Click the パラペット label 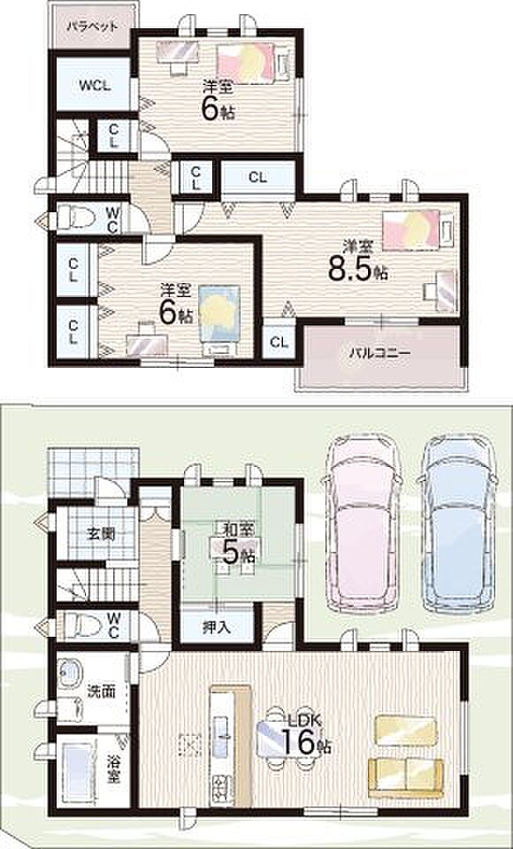(x=92, y=27)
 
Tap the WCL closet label (x=93, y=86)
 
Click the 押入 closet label (x=217, y=627)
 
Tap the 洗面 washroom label (x=102, y=692)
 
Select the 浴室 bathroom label (x=112, y=769)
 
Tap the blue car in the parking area (x=456, y=523)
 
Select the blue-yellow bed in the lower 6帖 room (x=219, y=320)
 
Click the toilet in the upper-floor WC (x=75, y=218)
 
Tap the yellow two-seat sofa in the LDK (x=406, y=777)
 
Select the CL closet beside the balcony (x=279, y=341)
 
